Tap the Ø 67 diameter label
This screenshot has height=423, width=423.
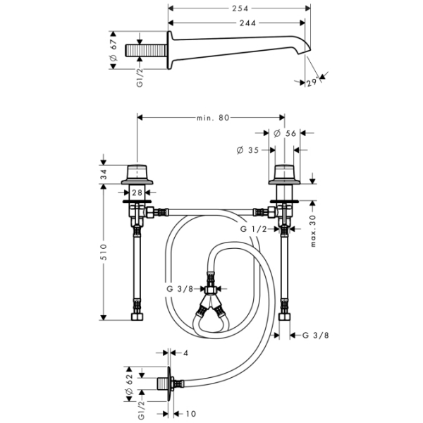pos(113,49)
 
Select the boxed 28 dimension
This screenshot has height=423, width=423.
pos(137,192)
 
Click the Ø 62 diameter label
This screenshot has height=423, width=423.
pos(130,384)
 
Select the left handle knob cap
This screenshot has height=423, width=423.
pos(137,173)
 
